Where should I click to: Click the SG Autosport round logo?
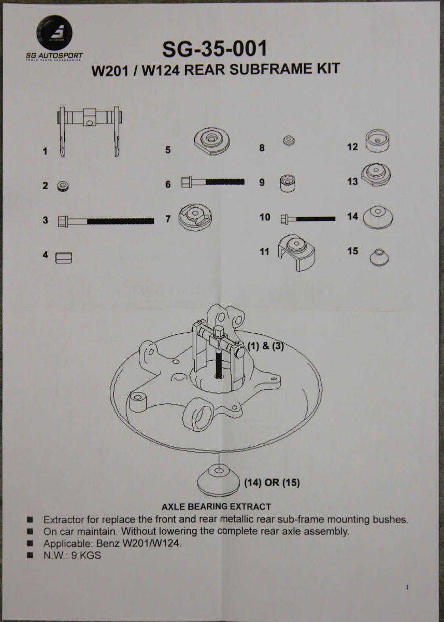pos(54,32)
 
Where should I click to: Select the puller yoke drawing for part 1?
pos(90,130)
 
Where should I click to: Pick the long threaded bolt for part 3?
pos(106,220)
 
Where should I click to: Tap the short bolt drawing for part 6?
pos(212,182)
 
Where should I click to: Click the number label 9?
pos(262,182)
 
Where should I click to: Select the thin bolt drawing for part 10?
pos(308,218)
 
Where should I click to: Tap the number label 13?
pos(352,182)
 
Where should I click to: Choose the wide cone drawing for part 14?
pos(378,217)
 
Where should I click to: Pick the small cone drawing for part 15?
pos(380,256)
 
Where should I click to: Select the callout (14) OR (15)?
pos(271,483)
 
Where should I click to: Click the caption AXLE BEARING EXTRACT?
pos(216,506)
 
